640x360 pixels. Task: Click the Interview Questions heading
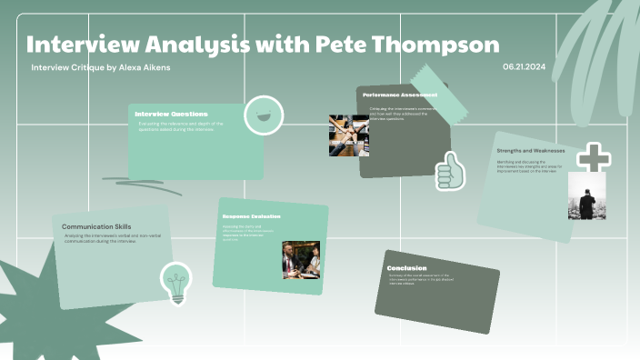click(171, 114)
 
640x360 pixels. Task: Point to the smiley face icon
click(264, 115)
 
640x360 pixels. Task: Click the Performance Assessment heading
click(399, 95)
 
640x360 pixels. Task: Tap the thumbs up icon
click(449, 171)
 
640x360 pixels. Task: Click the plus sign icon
click(595, 157)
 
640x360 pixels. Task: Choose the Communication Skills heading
click(96, 226)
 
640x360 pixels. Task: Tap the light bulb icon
click(176, 282)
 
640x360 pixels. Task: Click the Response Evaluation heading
click(252, 216)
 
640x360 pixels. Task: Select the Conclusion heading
click(406, 268)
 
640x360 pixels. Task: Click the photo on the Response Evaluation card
click(300, 259)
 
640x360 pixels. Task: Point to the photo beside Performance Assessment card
click(348, 135)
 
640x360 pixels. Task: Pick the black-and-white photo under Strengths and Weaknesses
click(586, 195)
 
